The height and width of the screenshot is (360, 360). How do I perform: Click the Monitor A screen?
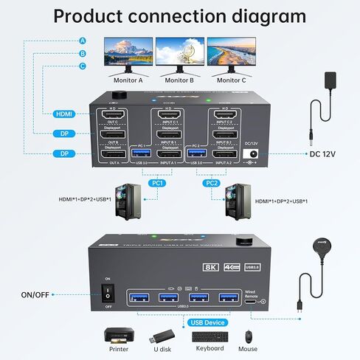[128, 52]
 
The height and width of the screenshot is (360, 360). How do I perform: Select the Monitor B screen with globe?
[180, 52]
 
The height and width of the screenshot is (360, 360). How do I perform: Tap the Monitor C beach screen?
[232, 52]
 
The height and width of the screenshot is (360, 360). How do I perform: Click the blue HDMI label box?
[63, 114]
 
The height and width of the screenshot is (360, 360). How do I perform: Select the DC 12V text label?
[322, 154]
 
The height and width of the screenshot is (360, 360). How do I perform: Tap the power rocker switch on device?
[107, 291]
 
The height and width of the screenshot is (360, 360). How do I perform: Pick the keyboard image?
[209, 336]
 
